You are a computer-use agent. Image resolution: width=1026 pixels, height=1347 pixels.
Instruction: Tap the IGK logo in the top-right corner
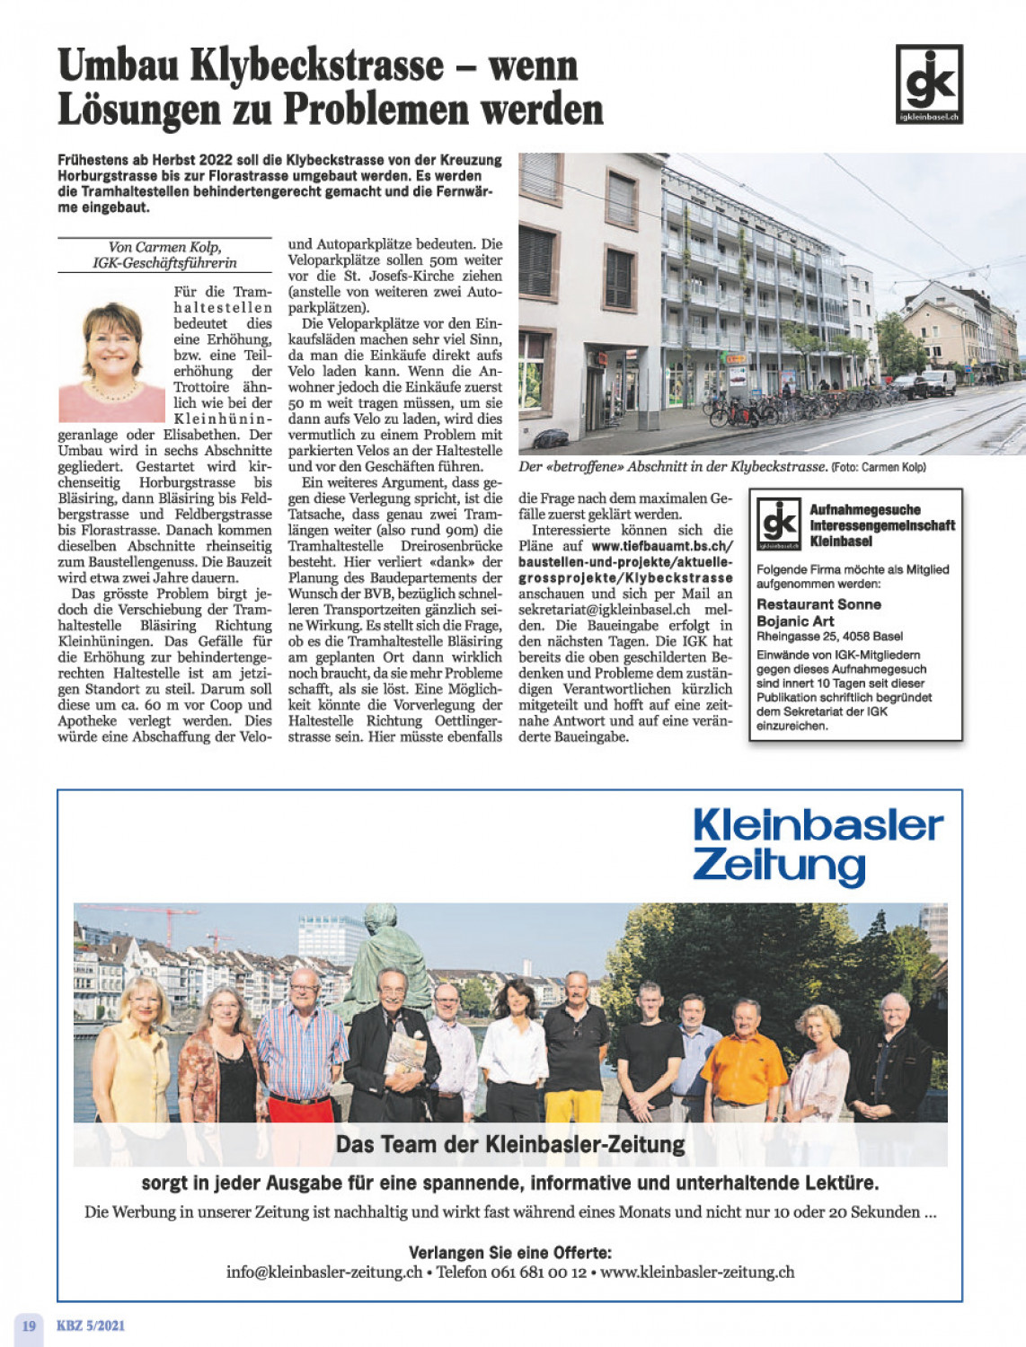929,84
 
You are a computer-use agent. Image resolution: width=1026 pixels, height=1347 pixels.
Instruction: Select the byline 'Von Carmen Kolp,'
164,247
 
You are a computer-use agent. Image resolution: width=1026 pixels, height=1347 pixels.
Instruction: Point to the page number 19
29,1325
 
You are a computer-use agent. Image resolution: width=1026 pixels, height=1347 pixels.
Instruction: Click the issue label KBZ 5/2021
91,1325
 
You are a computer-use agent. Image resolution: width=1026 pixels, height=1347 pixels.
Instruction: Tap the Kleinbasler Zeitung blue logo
818,845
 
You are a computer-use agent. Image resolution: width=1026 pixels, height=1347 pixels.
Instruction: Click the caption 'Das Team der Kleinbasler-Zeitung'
510,1145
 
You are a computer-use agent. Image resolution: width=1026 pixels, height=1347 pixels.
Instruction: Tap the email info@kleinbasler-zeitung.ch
324,1272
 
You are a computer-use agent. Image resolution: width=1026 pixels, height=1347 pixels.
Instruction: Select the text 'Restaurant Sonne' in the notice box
818,604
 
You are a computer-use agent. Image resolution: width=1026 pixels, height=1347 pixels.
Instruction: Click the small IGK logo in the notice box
778,524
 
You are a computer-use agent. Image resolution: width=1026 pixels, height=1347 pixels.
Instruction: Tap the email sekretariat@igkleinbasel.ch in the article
604,610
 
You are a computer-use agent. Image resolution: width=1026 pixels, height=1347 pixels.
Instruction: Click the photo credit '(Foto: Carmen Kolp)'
878,467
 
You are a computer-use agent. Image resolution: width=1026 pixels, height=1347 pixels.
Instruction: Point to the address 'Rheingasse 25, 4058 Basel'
829,637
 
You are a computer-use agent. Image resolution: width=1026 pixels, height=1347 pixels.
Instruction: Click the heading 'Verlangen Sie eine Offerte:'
510,1252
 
